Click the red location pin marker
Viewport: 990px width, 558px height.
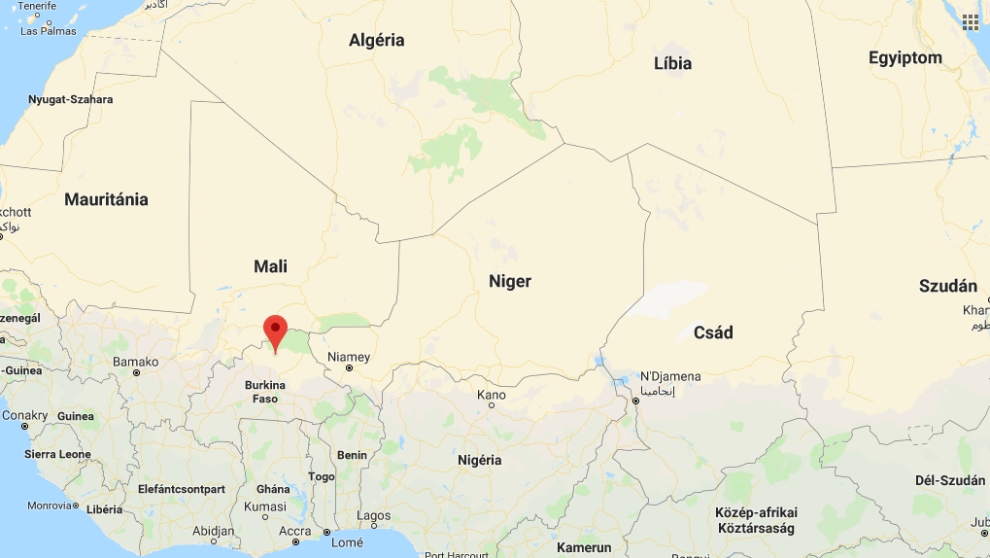point(276,331)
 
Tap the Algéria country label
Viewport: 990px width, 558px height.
point(376,41)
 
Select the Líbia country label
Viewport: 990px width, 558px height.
point(672,63)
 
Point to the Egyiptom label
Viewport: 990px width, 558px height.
point(905,58)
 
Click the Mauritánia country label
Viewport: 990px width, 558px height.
point(106,199)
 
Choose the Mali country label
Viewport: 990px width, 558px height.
point(270,266)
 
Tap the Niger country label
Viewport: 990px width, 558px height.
point(510,281)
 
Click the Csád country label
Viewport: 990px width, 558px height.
point(713,332)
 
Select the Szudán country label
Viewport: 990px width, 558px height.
point(947,286)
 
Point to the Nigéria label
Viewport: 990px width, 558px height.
point(480,460)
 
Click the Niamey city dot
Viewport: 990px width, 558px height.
point(349,368)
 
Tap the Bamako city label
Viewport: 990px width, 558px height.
point(135,362)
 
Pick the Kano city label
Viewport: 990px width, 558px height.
point(492,395)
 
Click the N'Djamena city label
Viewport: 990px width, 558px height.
point(669,376)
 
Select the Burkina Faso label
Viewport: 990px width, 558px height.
point(265,392)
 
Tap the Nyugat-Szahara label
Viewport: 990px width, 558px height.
point(70,100)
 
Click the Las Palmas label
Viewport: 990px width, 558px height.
point(48,31)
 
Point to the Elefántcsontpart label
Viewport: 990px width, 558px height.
point(182,489)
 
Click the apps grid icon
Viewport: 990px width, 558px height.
point(970,21)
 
